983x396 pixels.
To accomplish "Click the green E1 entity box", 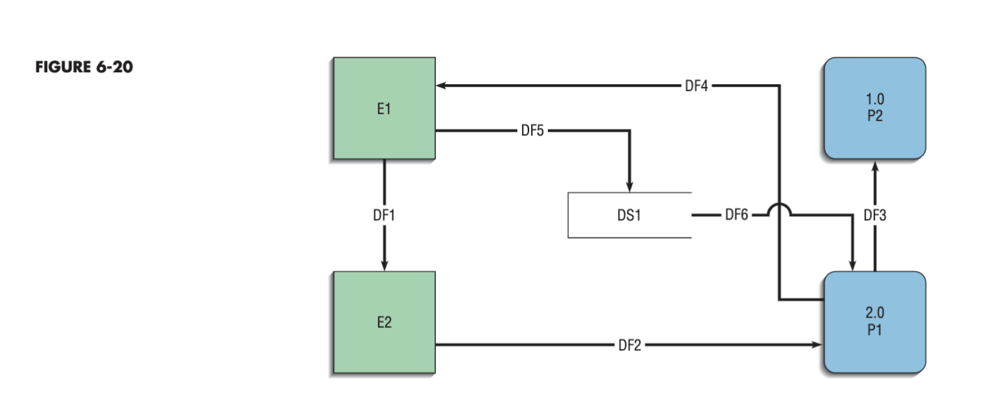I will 384,108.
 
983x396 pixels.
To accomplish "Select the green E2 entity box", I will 384,323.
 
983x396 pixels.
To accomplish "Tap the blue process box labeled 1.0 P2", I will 875,108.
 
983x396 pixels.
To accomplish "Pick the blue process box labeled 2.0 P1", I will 875,322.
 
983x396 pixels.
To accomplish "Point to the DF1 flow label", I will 384,215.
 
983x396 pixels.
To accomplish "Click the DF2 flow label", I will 629,345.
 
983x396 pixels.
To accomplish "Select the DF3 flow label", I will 875,215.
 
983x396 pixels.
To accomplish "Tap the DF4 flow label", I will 696,85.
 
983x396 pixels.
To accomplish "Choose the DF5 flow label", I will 533,130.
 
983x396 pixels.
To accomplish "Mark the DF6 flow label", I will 736,215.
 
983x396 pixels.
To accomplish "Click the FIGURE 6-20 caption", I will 83,67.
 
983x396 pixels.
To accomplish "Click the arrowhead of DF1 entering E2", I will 384,265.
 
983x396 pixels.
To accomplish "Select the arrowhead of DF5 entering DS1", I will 629,186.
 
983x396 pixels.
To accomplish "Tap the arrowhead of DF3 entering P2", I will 875,167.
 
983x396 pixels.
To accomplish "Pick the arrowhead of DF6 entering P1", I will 853,265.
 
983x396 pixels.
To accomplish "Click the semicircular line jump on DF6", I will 779,209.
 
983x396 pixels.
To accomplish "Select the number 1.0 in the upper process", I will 875,100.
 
